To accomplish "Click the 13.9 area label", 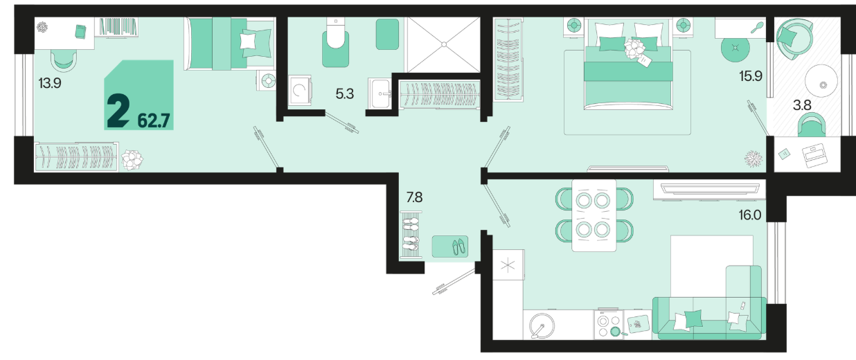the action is [50, 83].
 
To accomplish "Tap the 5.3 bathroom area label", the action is [345, 93].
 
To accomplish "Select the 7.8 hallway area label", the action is [414, 197].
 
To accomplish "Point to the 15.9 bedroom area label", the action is [751, 76].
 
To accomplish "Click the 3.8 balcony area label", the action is [802, 105].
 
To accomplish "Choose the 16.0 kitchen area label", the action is [750, 215].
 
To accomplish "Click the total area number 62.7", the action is [154, 120].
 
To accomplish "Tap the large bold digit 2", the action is [118, 111].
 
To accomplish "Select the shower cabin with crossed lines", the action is [444, 45].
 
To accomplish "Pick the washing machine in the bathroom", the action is [300, 90].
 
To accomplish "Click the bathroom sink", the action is [380, 93].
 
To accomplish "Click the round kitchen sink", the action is [542, 326].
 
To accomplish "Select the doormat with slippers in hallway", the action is [450, 246].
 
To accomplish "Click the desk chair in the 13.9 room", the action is [64, 60].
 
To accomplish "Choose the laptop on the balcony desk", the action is [814, 155].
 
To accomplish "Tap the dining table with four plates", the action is [594, 215].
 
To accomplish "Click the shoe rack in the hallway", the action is [411, 235].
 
